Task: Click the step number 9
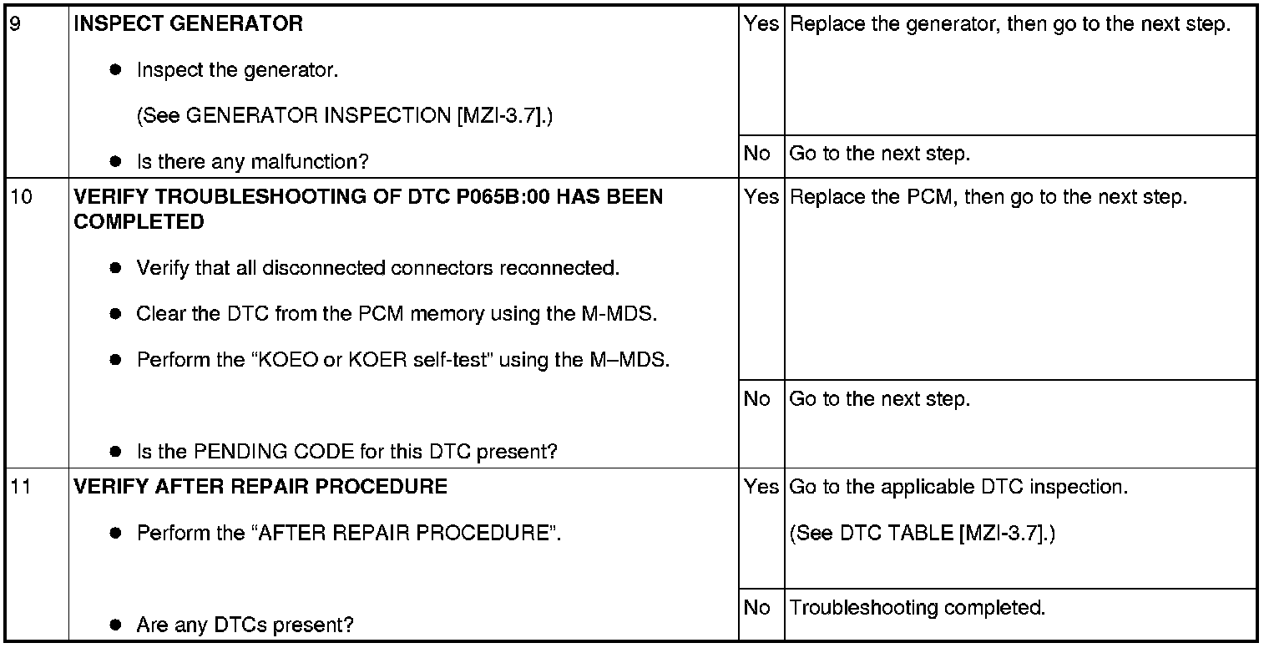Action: coord(16,24)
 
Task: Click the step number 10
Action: coord(22,197)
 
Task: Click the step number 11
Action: coord(21,487)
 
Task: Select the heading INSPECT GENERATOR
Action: coord(188,23)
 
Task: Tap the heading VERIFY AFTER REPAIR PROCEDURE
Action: coord(260,487)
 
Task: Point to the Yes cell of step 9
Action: coord(761,23)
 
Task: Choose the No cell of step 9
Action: coord(757,154)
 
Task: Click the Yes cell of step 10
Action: coord(761,196)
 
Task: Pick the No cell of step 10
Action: coord(757,399)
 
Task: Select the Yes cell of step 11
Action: coord(761,487)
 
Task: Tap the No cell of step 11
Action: coord(757,608)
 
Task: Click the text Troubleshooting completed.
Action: coord(918,608)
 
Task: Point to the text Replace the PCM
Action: coord(871,197)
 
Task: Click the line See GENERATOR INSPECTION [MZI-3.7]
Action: coord(345,115)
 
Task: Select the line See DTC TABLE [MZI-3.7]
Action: coord(923,533)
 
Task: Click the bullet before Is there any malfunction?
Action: coord(115,162)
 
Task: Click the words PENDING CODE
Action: coord(274,452)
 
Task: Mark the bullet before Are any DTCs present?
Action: coord(115,625)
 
